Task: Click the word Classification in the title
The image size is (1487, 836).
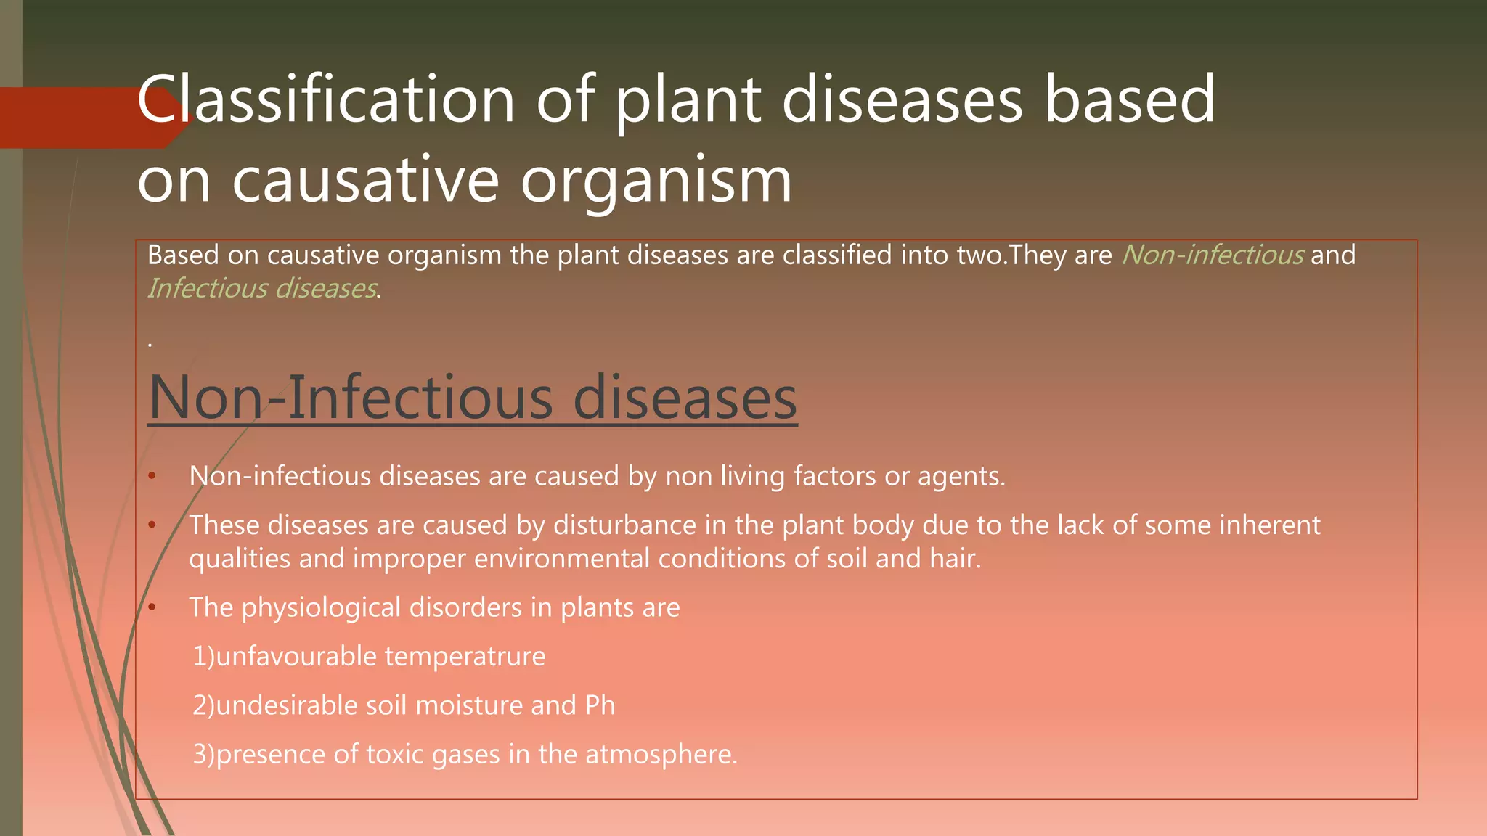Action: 325,100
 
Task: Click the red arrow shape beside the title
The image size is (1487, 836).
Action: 80,118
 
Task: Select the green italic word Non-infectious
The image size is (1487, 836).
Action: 1213,255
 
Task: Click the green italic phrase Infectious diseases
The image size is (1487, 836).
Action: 262,289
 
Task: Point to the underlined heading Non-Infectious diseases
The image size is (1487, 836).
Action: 473,398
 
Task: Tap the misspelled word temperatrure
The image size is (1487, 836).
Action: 465,657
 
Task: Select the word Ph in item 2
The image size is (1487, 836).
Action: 600,705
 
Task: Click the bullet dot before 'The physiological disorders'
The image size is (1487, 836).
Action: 152,608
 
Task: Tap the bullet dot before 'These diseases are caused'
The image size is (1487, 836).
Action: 152,525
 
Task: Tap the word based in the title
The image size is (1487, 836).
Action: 1129,100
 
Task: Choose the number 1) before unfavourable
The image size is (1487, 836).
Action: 203,657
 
